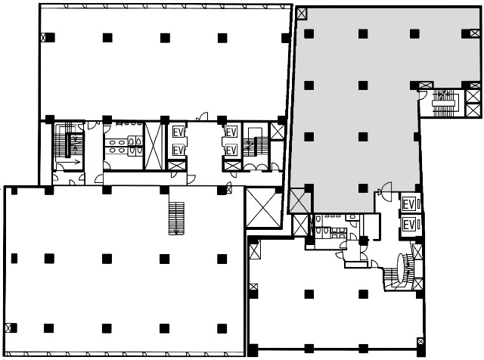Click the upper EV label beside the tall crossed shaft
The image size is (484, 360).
coord(178,132)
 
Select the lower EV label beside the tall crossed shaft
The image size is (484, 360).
coord(178,151)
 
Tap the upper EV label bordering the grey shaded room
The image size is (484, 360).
coord(408,205)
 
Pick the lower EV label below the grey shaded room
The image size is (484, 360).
coord(408,225)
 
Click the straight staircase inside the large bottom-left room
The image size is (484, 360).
coord(176,219)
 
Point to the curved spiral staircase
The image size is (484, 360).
coord(402,272)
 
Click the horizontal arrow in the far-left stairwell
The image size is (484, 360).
coord(74,162)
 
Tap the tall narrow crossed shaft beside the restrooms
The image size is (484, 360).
coord(154,146)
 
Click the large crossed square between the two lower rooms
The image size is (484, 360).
coord(262,208)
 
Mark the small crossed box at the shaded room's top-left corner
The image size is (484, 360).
coord(302,13)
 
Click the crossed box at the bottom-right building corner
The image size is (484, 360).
coord(420,342)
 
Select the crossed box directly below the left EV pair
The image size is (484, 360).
coord(177,166)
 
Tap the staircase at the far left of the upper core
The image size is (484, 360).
coord(68,143)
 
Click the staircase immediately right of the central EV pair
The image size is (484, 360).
coord(256,144)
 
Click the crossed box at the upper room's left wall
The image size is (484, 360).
coord(44,38)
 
